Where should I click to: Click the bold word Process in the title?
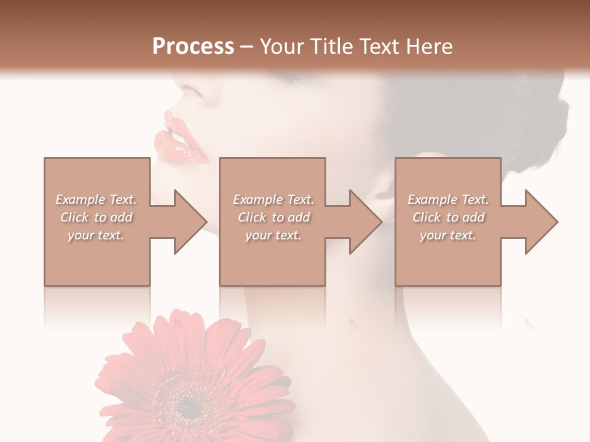point(193,47)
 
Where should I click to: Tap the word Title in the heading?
point(332,47)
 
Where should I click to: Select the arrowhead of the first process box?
point(188,222)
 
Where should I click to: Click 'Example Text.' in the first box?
point(96,200)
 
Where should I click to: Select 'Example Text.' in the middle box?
point(273,200)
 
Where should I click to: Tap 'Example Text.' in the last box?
point(448,200)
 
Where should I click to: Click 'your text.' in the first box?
point(96,235)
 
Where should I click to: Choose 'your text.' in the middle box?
point(273,235)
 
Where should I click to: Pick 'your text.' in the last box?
point(448,235)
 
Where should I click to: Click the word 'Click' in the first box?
point(75,217)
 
